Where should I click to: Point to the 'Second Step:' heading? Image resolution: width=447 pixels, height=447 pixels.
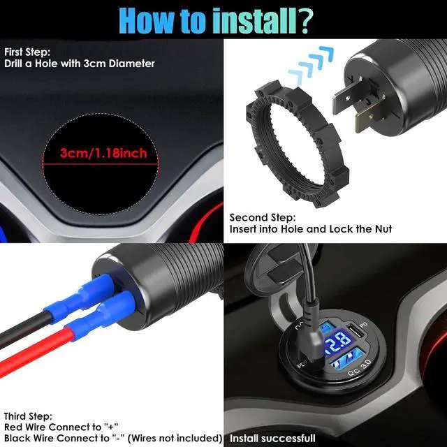[263, 217]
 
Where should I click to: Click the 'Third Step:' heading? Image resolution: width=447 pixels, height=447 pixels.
[27, 415]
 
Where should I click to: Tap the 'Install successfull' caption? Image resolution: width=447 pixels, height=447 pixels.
[273, 439]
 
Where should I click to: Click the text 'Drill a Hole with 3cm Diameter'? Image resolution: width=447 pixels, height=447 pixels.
[80, 64]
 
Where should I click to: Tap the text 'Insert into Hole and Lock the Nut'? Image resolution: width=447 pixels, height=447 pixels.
[311, 229]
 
